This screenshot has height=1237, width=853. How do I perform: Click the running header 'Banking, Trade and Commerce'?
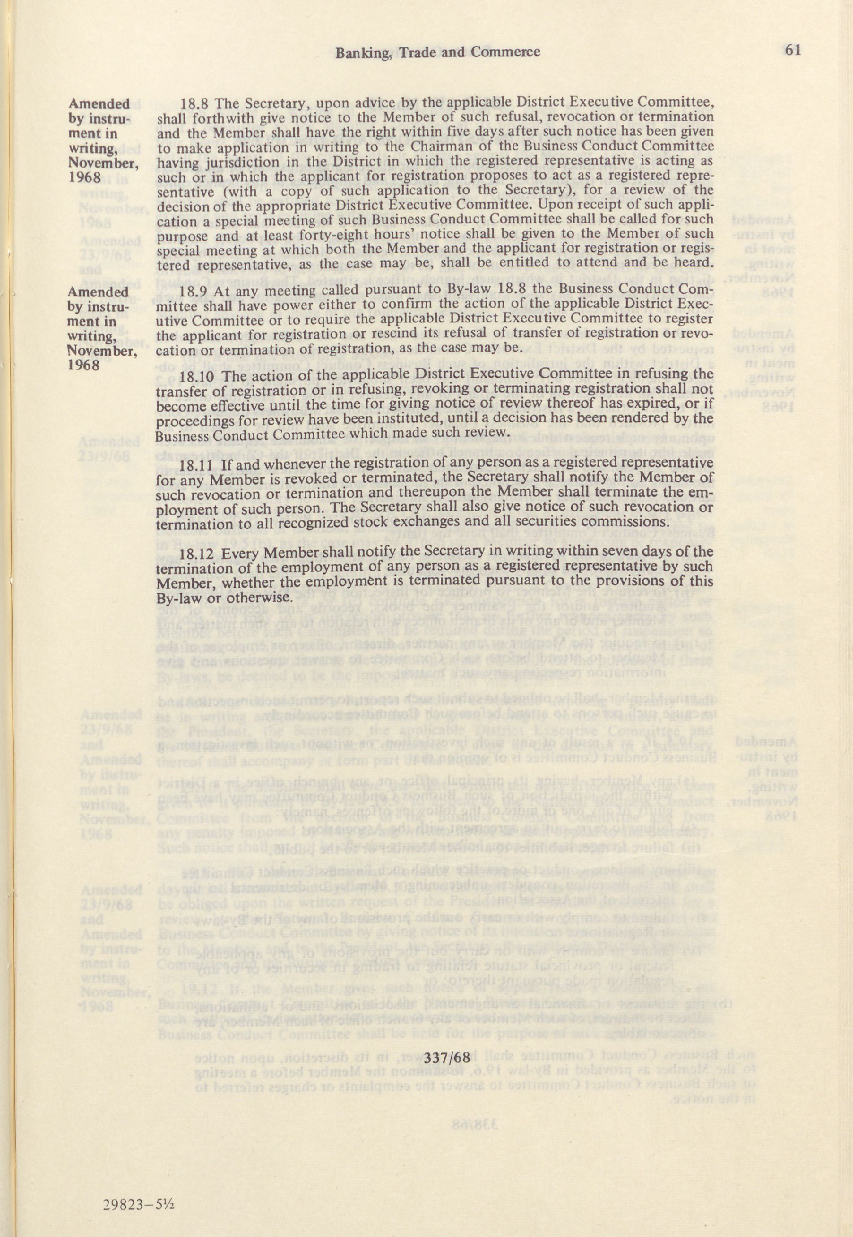pos(437,52)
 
